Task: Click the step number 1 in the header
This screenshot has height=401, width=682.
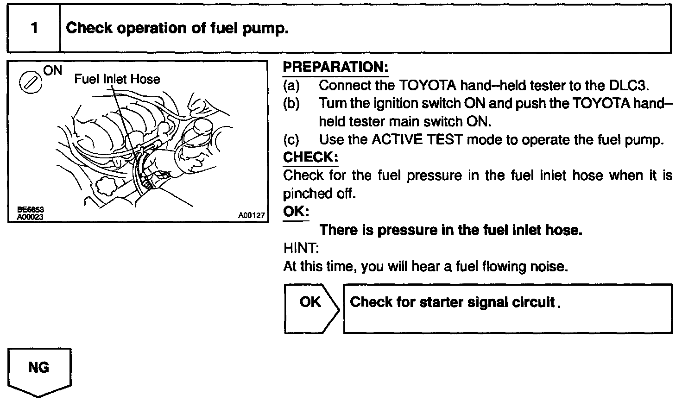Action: [34, 28]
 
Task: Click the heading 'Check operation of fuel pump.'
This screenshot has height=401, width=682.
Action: [177, 28]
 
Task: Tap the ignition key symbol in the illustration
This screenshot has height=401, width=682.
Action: [30, 83]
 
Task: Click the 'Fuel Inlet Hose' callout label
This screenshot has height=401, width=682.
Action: [117, 79]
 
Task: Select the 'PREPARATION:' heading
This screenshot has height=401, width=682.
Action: [335, 67]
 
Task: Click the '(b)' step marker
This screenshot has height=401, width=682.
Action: [291, 103]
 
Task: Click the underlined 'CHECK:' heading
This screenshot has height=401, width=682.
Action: [310, 157]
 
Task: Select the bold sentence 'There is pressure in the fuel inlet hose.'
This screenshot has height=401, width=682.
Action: [450, 230]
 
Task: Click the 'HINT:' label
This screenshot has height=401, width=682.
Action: [301, 248]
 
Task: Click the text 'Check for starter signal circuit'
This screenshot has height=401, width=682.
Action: [452, 302]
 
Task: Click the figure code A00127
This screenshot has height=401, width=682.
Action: [251, 215]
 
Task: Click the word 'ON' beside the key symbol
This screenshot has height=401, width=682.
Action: [52, 70]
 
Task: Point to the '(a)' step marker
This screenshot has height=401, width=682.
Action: [291, 86]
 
